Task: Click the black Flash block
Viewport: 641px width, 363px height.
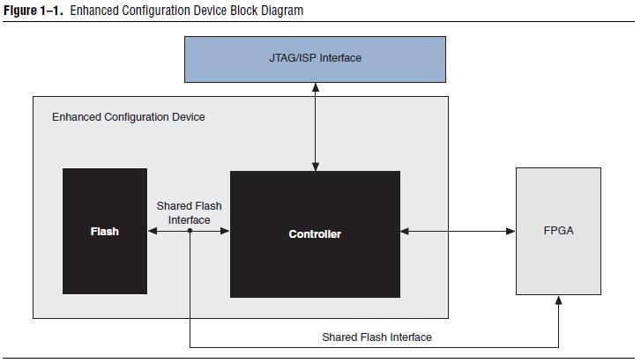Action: pos(104,231)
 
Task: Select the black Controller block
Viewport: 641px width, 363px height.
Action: pos(315,233)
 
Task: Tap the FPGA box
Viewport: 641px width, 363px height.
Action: pos(557,231)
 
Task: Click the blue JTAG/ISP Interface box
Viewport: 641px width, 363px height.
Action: pos(315,59)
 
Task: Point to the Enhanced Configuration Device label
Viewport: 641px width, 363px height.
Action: pos(129,116)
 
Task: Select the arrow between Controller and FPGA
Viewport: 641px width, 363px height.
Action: pos(458,232)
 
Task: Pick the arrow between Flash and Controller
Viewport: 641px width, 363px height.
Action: pos(189,232)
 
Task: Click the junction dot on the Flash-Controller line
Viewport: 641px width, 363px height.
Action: pos(190,232)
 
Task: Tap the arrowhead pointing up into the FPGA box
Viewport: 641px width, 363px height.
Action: pos(558,301)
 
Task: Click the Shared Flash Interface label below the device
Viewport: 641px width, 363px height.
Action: pos(376,337)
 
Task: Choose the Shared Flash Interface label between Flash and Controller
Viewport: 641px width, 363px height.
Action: pos(189,212)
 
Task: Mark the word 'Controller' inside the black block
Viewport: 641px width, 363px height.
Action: pos(315,234)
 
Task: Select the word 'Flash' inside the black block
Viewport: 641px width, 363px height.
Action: pos(104,232)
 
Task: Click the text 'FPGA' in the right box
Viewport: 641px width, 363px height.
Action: pos(557,231)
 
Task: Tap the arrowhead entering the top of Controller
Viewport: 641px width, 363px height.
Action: pos(315,166)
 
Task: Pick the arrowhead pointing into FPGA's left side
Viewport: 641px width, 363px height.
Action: pos(511,232)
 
